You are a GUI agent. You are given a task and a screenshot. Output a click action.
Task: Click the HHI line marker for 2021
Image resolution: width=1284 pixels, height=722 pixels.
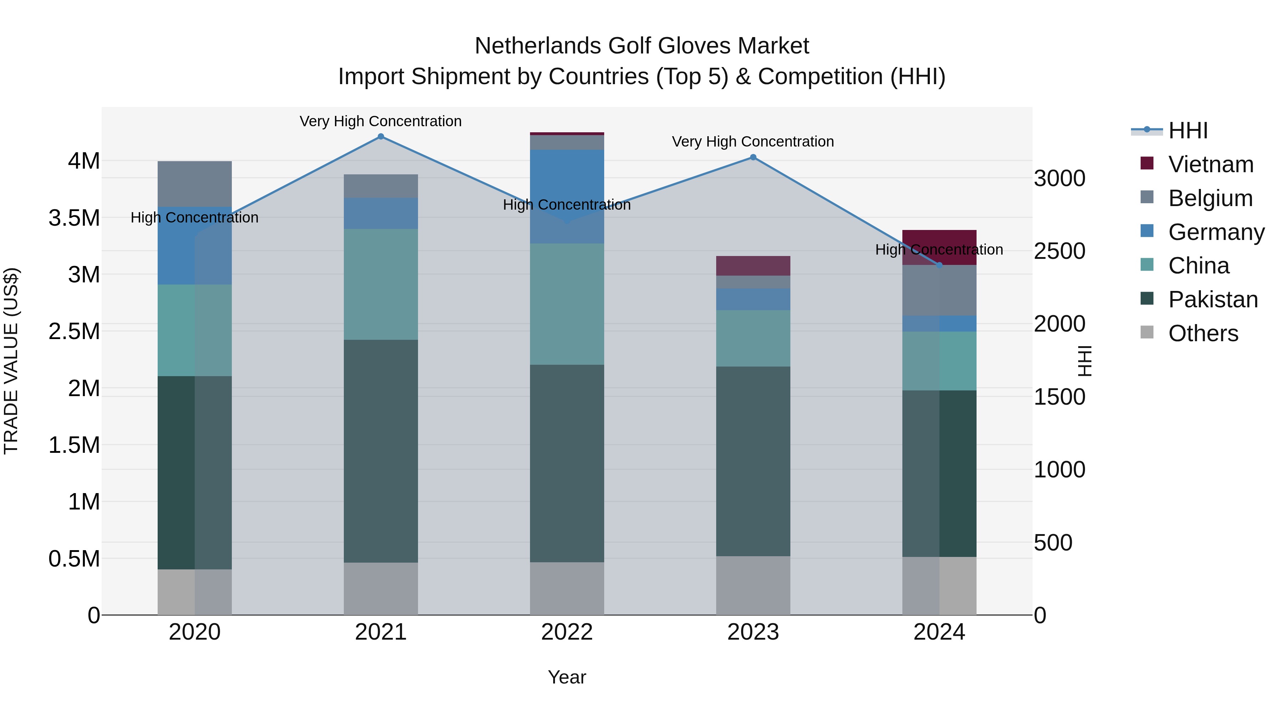click(x=381, y=137)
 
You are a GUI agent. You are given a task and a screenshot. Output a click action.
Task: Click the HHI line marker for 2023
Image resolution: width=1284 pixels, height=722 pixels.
click(x=753, y=158)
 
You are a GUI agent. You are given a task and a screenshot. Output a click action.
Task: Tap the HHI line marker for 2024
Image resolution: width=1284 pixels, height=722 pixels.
click(x=939, y=265)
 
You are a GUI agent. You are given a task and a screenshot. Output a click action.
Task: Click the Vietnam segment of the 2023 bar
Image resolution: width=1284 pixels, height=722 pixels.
click(x=753, y=266)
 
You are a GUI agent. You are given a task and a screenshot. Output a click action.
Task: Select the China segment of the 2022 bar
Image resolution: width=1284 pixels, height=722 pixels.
click(x=567, y=304)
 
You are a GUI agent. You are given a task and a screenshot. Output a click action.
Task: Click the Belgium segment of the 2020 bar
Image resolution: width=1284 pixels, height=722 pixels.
click(x=194, y=184)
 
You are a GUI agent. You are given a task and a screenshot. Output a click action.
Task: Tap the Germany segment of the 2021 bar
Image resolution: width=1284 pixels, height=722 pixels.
click(x=381, y=213)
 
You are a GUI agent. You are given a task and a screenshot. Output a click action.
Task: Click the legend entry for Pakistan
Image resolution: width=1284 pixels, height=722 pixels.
click(x=1212, y=299)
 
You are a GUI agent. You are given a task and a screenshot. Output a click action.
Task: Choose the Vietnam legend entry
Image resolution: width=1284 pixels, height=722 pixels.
click(x=1210, y=164)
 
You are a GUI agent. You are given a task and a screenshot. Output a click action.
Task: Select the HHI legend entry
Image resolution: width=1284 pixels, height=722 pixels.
click(x=1187, y=130)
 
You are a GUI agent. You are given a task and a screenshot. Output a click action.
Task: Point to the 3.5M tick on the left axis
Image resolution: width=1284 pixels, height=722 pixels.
click(x=74, y=218)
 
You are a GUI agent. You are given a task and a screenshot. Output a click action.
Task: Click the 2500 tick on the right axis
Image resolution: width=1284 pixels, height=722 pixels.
click(x=1059, y=251)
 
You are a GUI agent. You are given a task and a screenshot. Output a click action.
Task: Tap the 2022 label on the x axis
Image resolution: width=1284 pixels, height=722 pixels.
click(x=567, y=632)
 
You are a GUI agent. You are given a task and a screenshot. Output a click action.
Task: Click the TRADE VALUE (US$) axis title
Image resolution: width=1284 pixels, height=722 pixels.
click(x=11, y=361)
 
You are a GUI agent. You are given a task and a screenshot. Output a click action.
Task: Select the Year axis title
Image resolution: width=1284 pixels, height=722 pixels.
click(x=567, y=677)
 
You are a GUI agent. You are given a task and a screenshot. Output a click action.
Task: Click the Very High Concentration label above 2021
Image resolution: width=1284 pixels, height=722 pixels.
click(x=381, y=121)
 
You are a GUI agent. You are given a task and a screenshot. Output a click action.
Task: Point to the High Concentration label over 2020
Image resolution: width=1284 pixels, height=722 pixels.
click(x=194, y=218)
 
